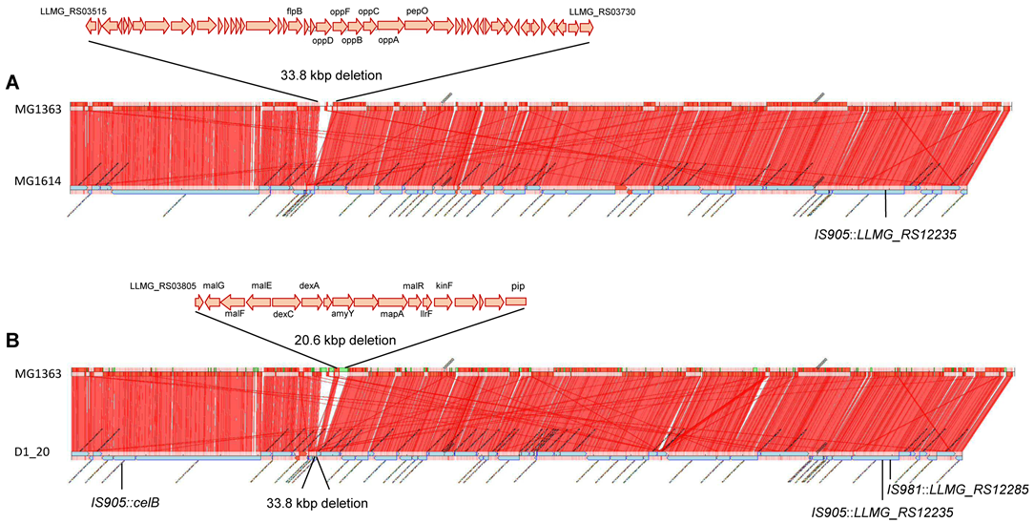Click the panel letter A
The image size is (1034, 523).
[x=12, y=83]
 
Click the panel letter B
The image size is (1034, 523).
[x=12, y=340]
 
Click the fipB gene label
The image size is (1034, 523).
[x=295, y=10]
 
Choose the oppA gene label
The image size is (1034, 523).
[x=388, y=41]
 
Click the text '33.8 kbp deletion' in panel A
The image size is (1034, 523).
[x=331, y=74]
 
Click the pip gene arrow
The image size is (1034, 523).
[x=516, y=302]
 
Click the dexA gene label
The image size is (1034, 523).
[x=309, y=285]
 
